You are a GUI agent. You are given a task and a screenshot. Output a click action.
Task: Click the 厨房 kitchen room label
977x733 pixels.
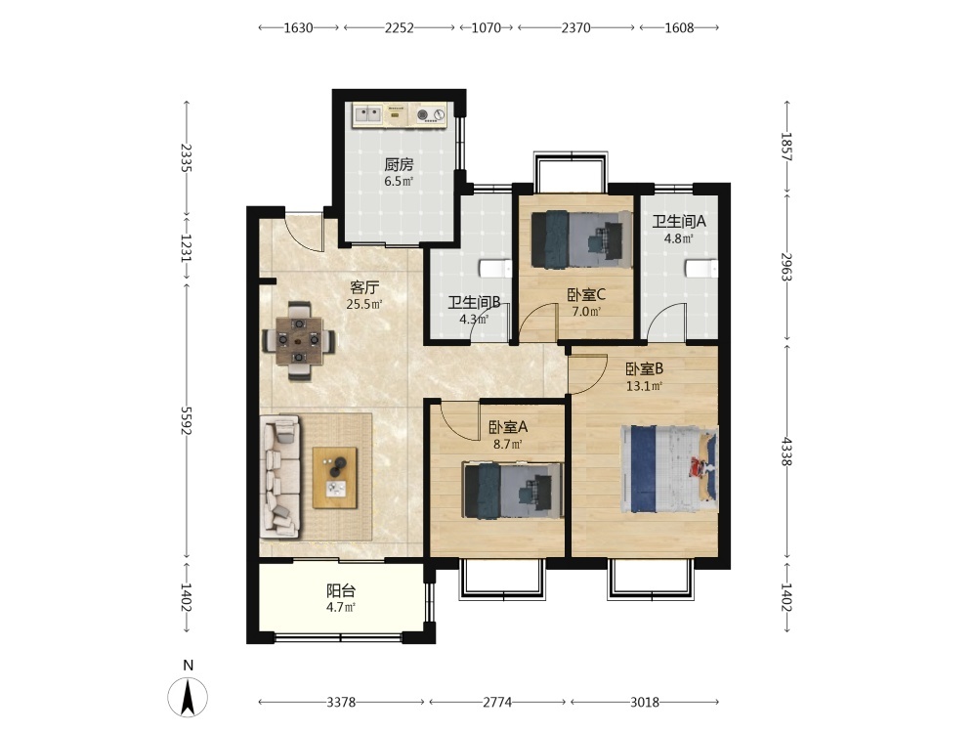[x=399, y=164]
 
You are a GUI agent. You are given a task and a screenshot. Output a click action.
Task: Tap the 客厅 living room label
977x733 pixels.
[x=364, y=287]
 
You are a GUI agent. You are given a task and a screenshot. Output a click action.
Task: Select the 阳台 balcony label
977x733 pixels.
[x=341, y=590]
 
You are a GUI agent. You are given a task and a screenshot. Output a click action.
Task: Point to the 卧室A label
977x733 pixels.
[x=508, y=427]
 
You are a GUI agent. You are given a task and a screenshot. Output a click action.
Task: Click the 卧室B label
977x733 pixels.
[x=644, y=369]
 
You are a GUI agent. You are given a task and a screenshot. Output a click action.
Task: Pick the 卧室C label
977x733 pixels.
[x=586, y=294]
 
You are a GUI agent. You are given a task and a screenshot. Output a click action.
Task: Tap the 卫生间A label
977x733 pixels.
[x=679, y=221]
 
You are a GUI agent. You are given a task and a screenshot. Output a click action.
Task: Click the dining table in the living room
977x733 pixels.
[x=300, y=341]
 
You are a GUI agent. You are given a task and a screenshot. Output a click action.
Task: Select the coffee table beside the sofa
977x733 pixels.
[x=334, y=478]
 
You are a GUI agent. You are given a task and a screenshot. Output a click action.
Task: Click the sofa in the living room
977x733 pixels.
[x=280, y=477]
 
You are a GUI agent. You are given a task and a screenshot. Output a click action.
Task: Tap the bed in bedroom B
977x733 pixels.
[x=669, y=469]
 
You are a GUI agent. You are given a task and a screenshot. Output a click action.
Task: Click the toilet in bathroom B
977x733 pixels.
[x=495, y=269]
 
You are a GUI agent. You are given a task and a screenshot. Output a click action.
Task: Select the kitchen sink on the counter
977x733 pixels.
[x=368, y=114]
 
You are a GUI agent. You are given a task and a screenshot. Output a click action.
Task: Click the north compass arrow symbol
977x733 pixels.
[x=188, y=697]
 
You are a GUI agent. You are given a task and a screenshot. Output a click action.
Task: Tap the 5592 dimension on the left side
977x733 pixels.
[x=187, y=420]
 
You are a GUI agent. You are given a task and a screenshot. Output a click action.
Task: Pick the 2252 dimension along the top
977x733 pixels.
[x=399, y=28]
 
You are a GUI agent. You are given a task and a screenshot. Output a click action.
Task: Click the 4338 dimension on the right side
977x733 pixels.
[x=786, y=452]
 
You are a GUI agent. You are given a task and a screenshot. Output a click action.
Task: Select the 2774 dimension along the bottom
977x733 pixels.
[x=497, y=703]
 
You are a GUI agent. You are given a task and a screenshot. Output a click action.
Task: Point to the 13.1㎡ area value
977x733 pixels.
[x=644, y=386]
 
